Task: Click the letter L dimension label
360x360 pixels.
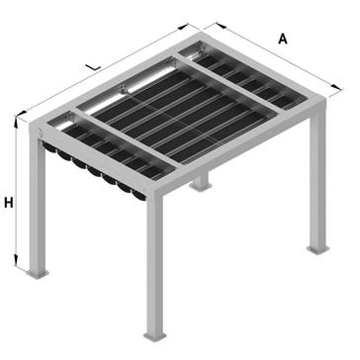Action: pyautogui.click(x=93, y=67)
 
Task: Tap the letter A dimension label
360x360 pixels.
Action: pyautogui.click(x=283, y=39)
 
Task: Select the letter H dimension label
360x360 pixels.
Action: pyautogui.click(x=9, y=203)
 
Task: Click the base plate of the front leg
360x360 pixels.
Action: pyautogui.click(x=155, y=336)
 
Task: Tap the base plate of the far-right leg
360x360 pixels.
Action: pyautogui.click(x=317, y=249)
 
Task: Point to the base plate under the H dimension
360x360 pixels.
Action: pyautogui.click(x=38, y=274)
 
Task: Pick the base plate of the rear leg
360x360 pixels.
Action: pyautogui.click(x=200, y=187)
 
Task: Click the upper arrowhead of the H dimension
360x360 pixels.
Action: pyautogui.click(x=16, y=122)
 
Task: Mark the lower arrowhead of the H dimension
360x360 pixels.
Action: pyautogui.click(x=16, y=260)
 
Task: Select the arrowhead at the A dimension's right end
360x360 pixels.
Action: pyautogui.click(x=336, y=87)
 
